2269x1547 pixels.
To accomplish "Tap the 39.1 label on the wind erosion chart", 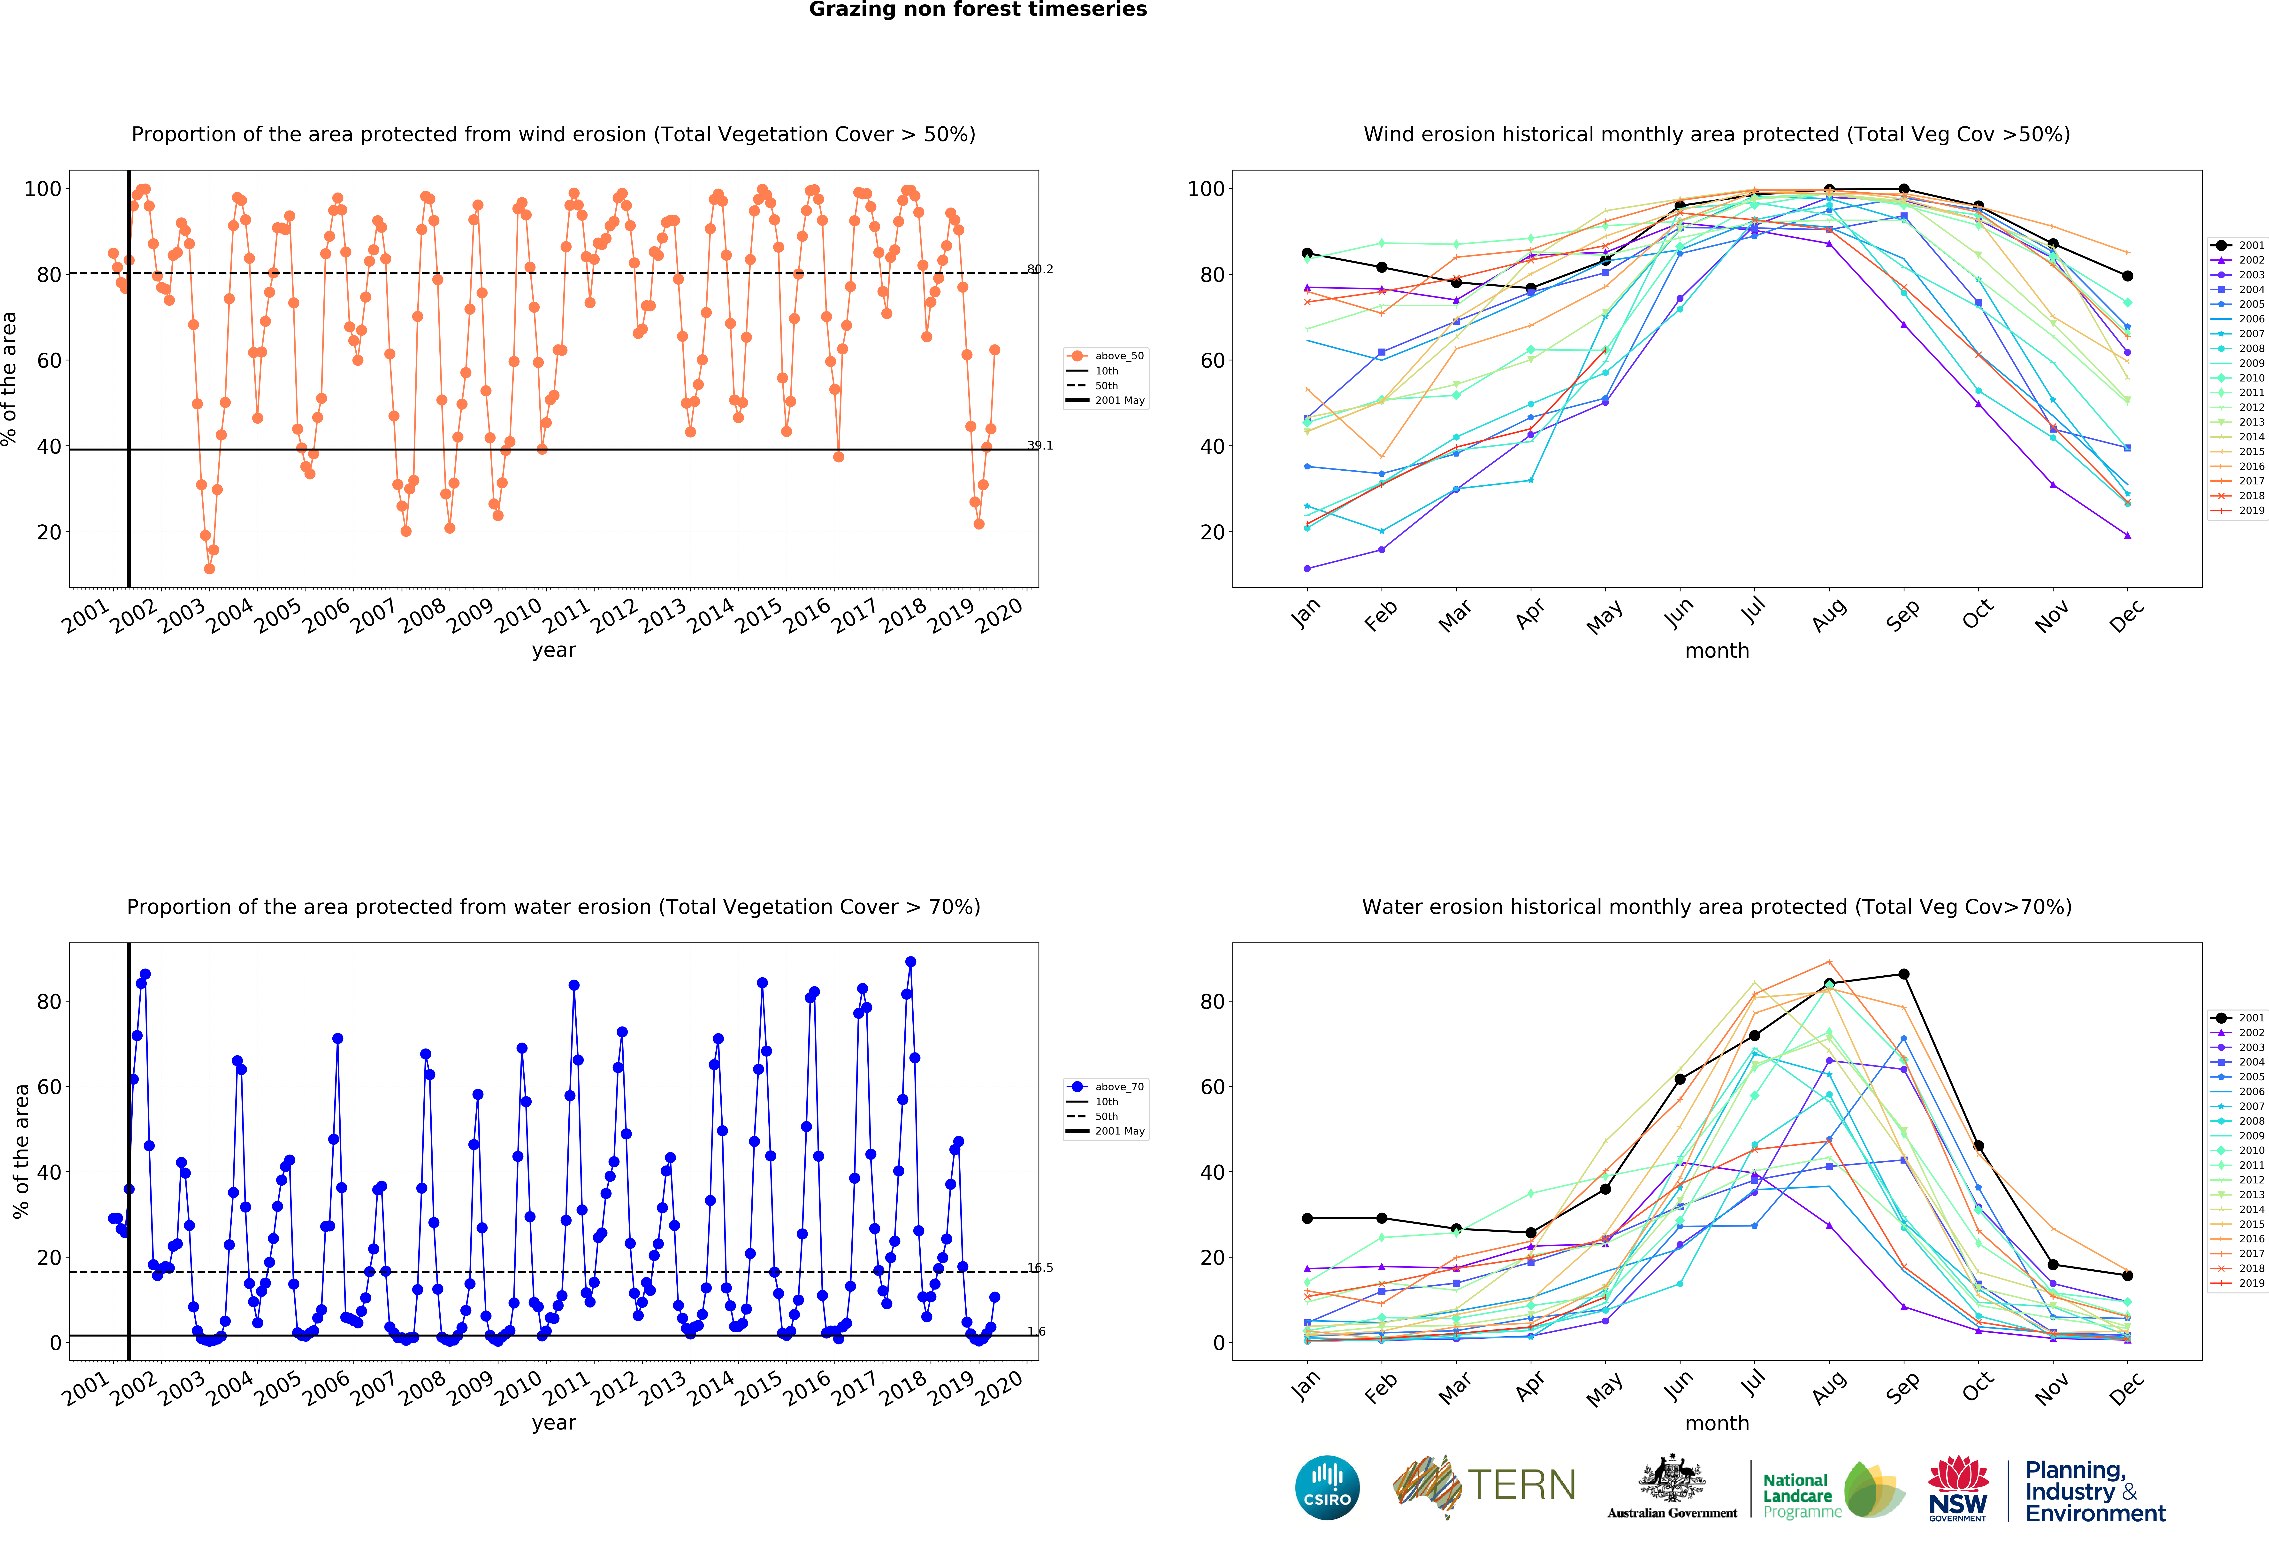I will tap(1040, 445).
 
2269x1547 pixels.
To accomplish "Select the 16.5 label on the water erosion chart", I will tap(1040, 1268).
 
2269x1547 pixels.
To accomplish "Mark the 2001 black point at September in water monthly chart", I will tap(1903, 974).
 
